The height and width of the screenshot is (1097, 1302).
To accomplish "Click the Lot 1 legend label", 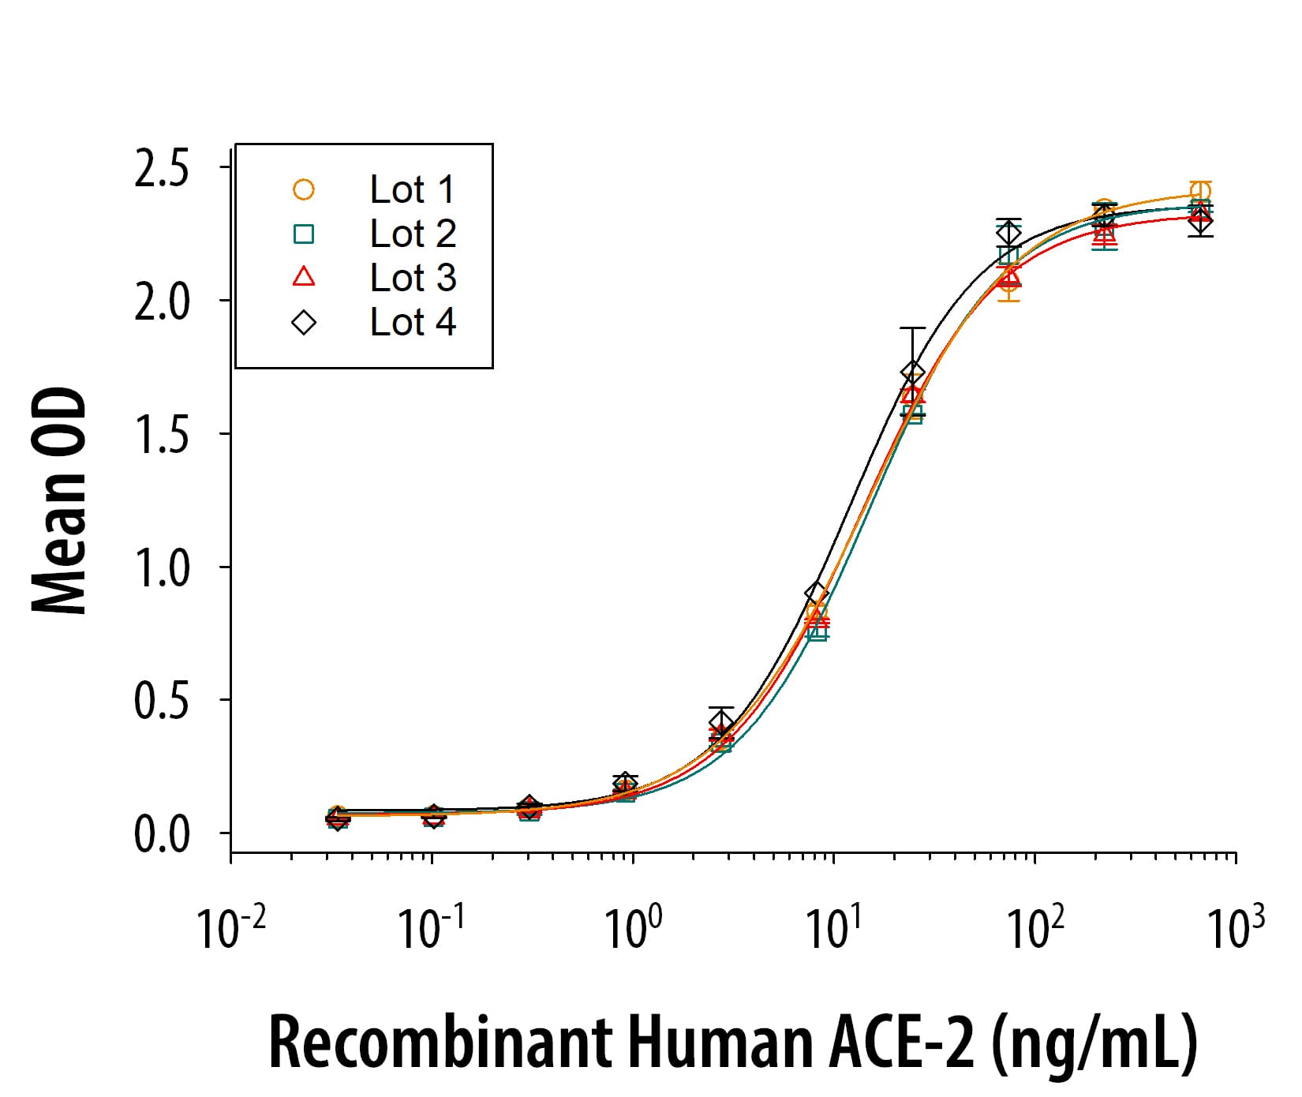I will tap(412, 189).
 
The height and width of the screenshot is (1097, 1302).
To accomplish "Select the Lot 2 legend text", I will tap(412, 234).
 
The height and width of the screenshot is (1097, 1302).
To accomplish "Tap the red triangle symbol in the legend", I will tap(304, 277).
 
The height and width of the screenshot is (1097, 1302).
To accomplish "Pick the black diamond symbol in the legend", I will tap(304, 322).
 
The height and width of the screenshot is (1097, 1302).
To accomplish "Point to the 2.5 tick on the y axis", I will tap(162, 170).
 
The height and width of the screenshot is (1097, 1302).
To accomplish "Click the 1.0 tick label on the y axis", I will tap(162, 568).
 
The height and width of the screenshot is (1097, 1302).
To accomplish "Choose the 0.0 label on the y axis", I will tap(162, 835).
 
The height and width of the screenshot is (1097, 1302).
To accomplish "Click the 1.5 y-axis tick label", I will tap(162, 436).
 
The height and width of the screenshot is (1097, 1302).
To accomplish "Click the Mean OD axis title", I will tap(60, 500).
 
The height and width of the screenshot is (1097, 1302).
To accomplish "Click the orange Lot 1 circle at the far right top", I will tap(1200, 191).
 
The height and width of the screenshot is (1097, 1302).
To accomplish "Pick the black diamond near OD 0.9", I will tap(817, 593).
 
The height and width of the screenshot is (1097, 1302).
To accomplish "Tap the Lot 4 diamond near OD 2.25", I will tap(1008, 232).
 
